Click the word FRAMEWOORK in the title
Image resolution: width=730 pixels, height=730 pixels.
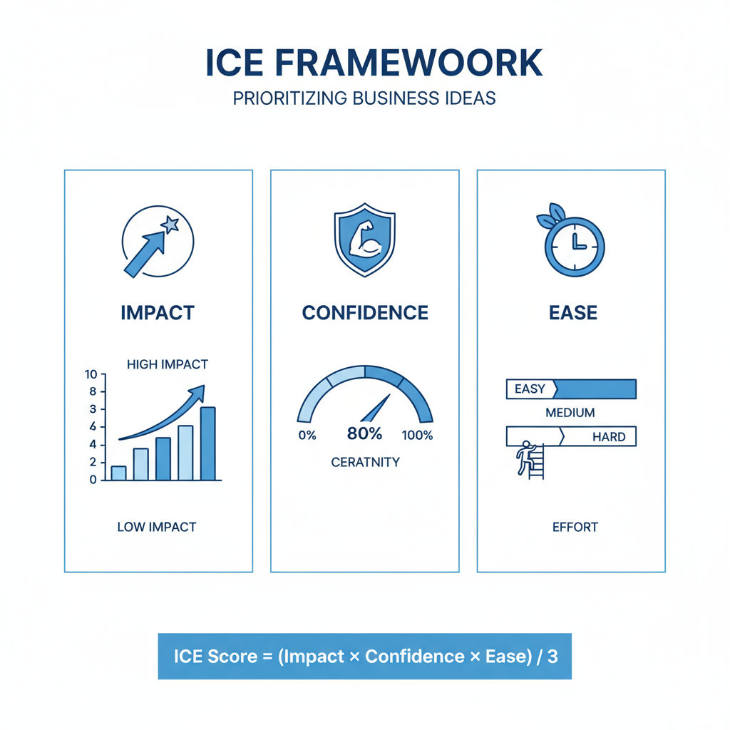pos(408,63)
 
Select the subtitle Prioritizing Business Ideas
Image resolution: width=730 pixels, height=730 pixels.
pos(364,98)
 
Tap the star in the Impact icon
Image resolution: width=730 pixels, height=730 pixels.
pos(170,225)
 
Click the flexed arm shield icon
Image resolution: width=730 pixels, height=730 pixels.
pos(365,240)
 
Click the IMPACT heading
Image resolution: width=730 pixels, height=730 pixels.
pos(158,313)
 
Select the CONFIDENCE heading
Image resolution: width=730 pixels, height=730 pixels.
pos(365,313)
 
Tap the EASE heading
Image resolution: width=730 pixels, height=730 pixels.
pos(573,313)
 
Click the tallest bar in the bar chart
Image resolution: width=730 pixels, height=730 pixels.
pos(207,443)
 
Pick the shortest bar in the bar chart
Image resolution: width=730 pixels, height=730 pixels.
pos(119,473)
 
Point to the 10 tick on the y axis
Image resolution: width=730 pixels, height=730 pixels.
pos(91,374)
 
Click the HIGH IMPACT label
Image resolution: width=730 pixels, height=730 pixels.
pos(168,364)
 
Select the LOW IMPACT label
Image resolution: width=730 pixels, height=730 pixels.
pos(157,527)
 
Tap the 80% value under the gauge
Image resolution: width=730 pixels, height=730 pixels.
pos(364,433)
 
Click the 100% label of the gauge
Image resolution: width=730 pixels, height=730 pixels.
pos(417,436)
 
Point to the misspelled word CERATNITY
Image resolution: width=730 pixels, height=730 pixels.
pos(366,462)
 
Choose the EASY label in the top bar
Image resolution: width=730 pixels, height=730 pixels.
pos(530,389)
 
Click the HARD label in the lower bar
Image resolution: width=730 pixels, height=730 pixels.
pos(609,437)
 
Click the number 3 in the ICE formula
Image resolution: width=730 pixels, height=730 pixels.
pos(552,657)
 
